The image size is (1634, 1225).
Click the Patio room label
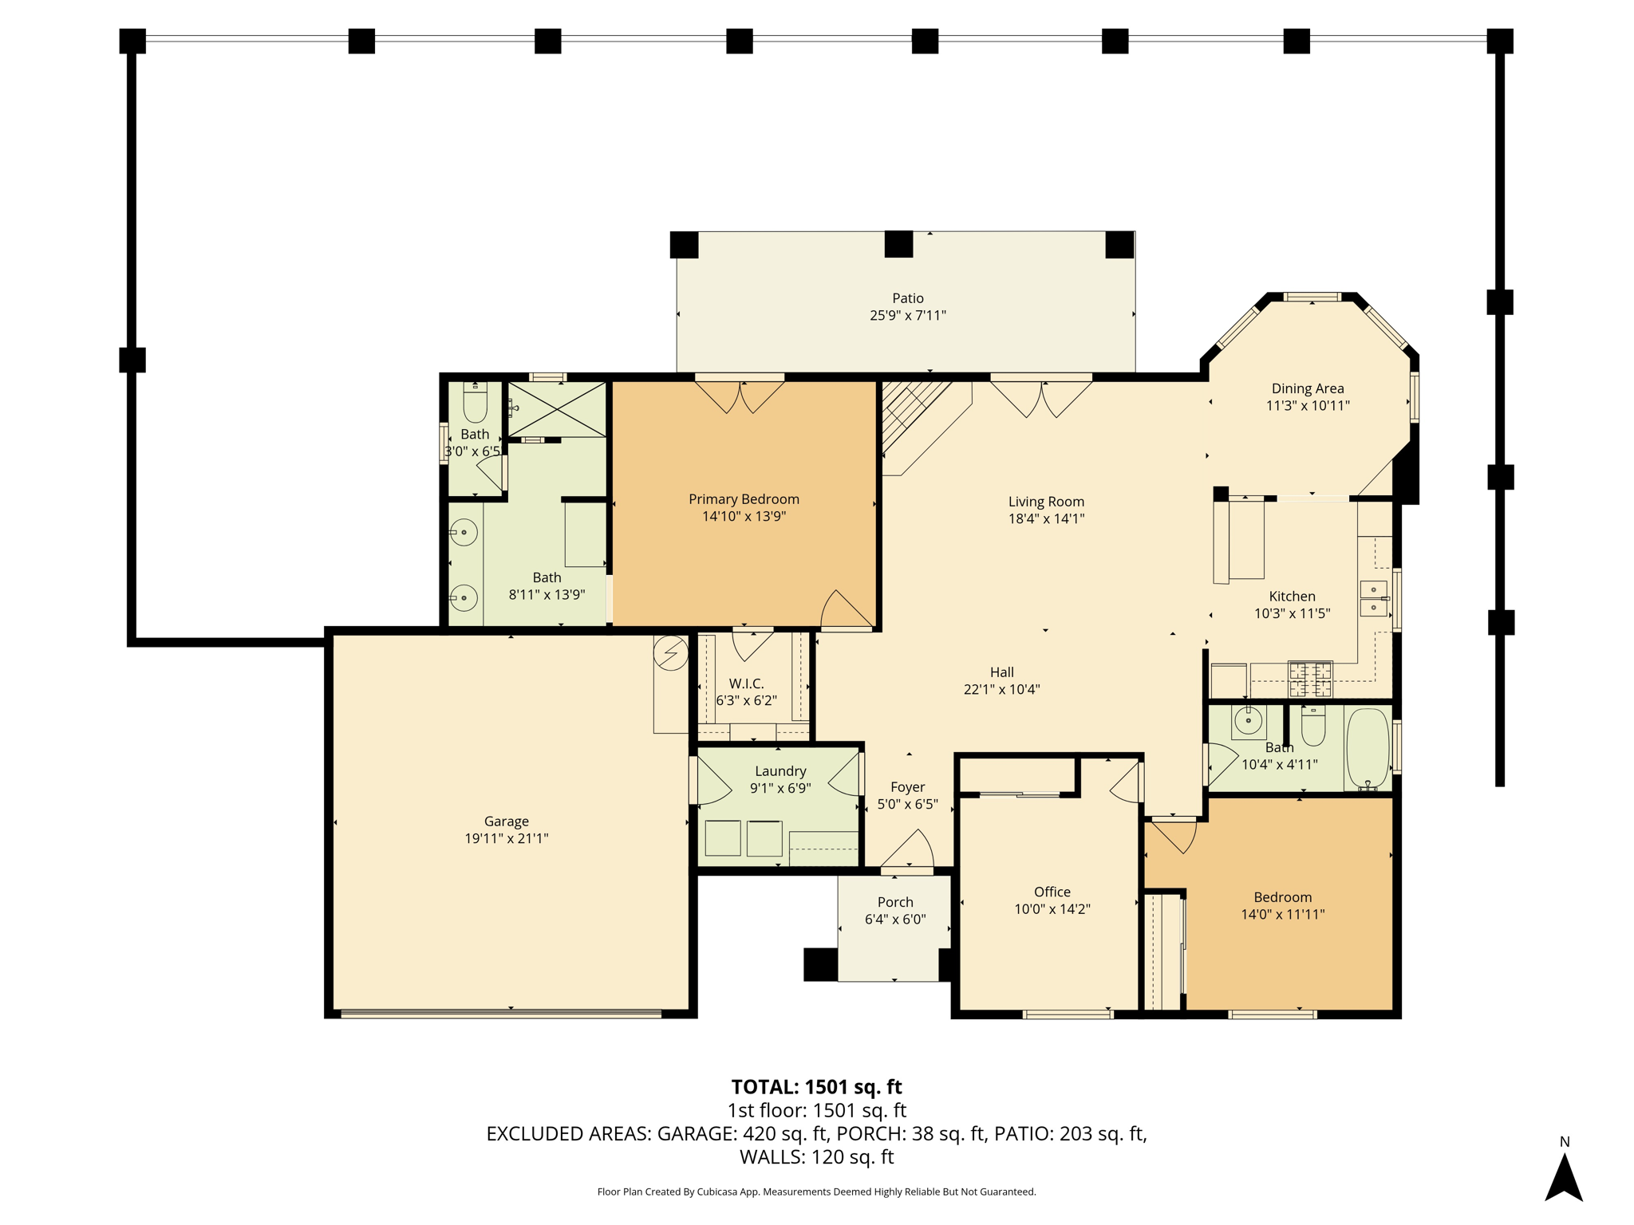pos(908,298)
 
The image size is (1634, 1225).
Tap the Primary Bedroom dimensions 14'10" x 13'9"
pos(744,516)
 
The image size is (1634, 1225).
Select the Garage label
pos(507,821)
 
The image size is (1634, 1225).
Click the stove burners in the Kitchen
pos(1310,679)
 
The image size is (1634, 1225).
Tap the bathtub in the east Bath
pos(1368,749)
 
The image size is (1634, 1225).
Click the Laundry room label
pos(780,771)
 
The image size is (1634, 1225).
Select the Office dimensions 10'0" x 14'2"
pos(1052,909)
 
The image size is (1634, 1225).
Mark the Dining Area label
pos(1308,388)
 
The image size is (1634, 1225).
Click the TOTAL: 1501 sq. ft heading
pos(816,1087)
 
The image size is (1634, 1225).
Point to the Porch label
pos(895,902)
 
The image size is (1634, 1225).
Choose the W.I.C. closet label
pos(746,683)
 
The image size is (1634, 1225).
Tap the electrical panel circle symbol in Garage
pos(670,653)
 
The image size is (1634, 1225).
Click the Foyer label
pos(908,787)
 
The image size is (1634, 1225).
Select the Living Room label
pos(1046,502)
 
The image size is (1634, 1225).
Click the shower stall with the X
pos(557,409)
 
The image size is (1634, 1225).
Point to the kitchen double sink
pos(1374,599)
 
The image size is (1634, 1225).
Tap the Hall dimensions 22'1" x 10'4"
pos(1002,690)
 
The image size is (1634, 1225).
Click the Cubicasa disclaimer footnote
pos(816,1192)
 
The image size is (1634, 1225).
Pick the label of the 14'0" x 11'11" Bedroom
pos(1282,897)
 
